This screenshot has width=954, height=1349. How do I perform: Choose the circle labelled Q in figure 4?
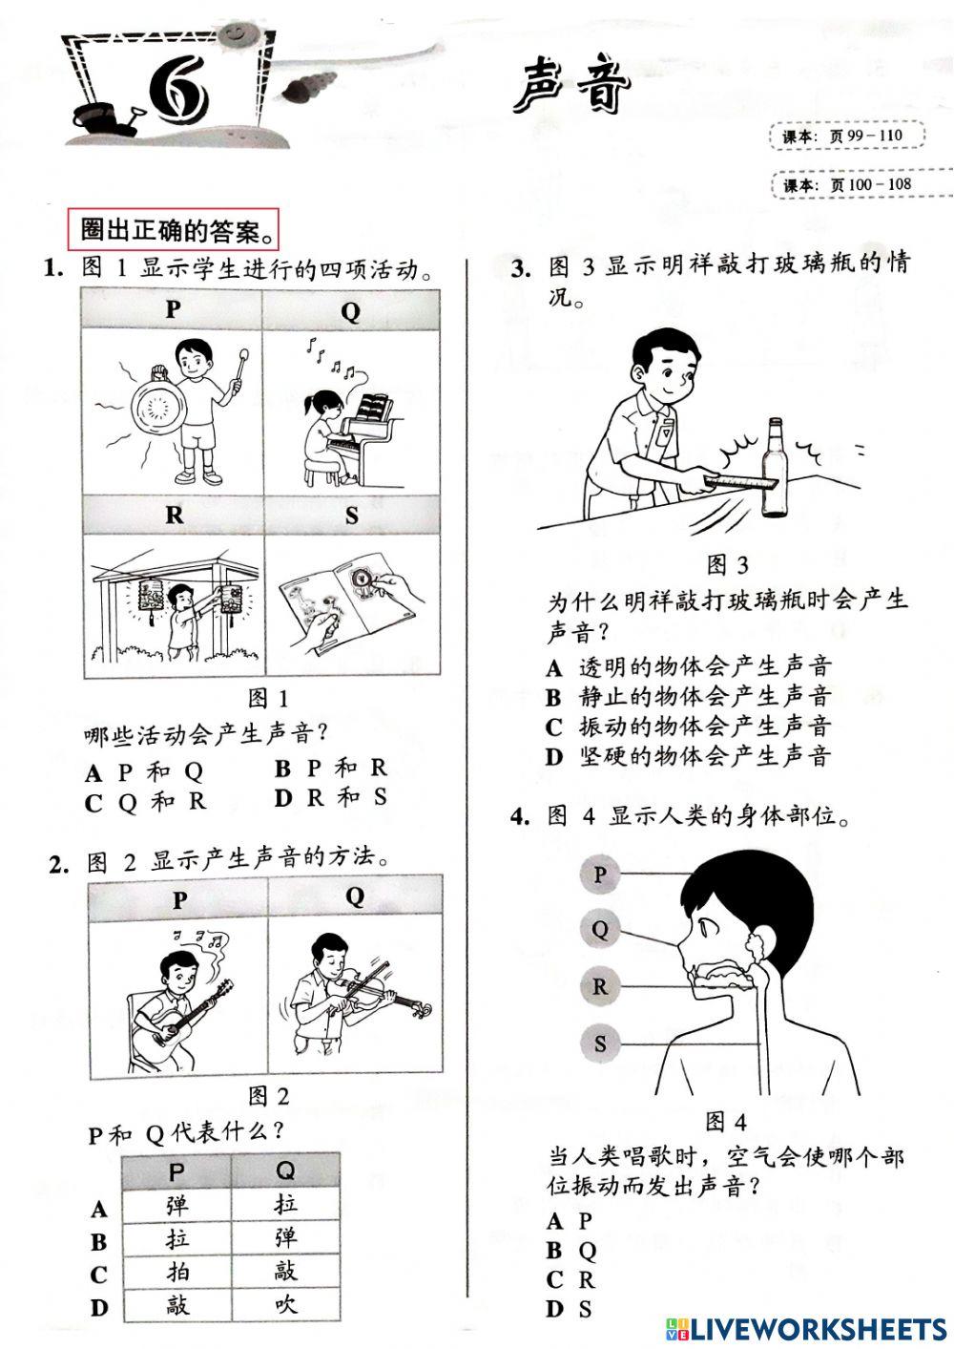click(x=600, y=928)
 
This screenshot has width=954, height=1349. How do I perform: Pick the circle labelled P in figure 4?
click(x=600, y=874)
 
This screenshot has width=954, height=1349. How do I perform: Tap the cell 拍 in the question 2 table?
click(x=177, y=1271)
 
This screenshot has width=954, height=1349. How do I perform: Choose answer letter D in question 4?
click(x=556, y=1309)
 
